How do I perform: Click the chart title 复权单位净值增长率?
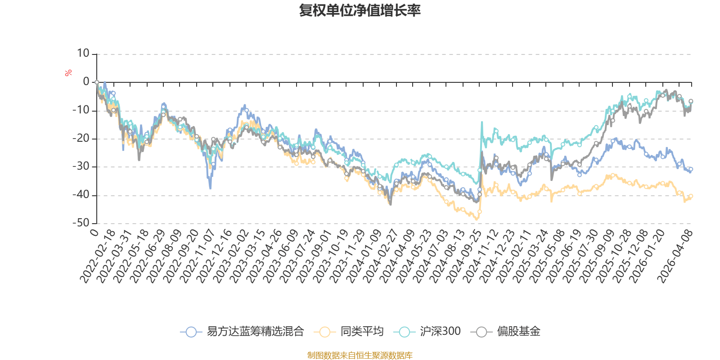360,10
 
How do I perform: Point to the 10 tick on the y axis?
83,54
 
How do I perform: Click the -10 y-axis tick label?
81,110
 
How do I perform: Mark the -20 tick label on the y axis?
81,139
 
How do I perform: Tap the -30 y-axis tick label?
81,166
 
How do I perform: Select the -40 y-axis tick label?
81,195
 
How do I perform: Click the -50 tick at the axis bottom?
81,223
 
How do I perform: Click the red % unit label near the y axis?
68,73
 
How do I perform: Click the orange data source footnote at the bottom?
360,355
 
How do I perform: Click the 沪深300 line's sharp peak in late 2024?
482,122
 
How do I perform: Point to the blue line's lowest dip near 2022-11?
210,188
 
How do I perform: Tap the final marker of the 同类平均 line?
691,196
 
